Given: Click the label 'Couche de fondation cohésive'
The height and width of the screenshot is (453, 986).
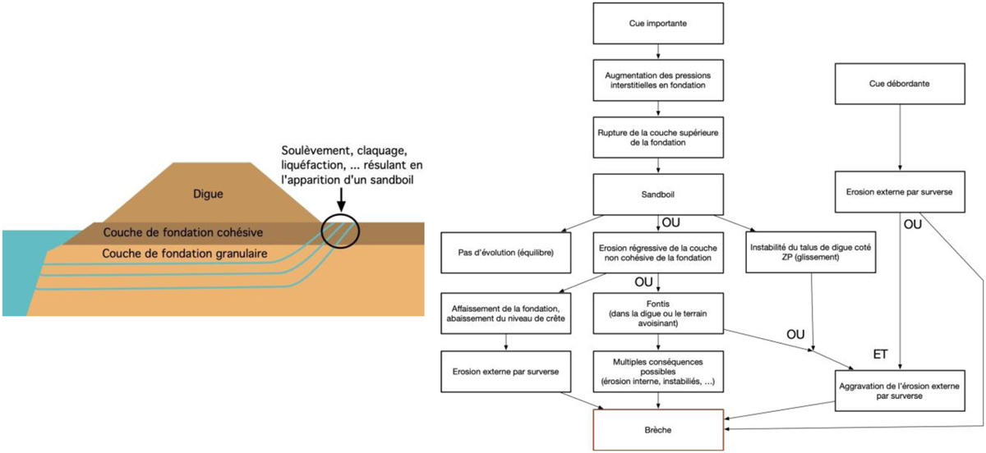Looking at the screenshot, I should [188, 233].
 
